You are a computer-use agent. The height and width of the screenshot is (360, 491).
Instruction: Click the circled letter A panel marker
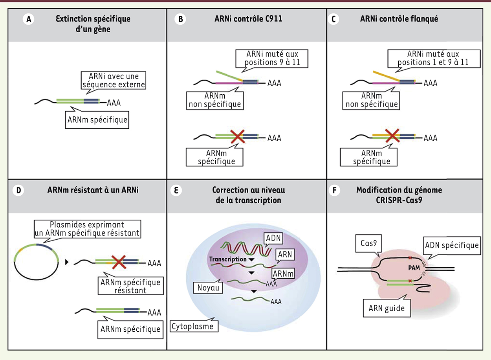[x=28, y=20]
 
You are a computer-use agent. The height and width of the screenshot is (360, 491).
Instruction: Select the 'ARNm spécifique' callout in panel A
[x=97, y=119]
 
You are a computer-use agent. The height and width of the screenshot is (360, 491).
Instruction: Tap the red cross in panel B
[x=237, y=137]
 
